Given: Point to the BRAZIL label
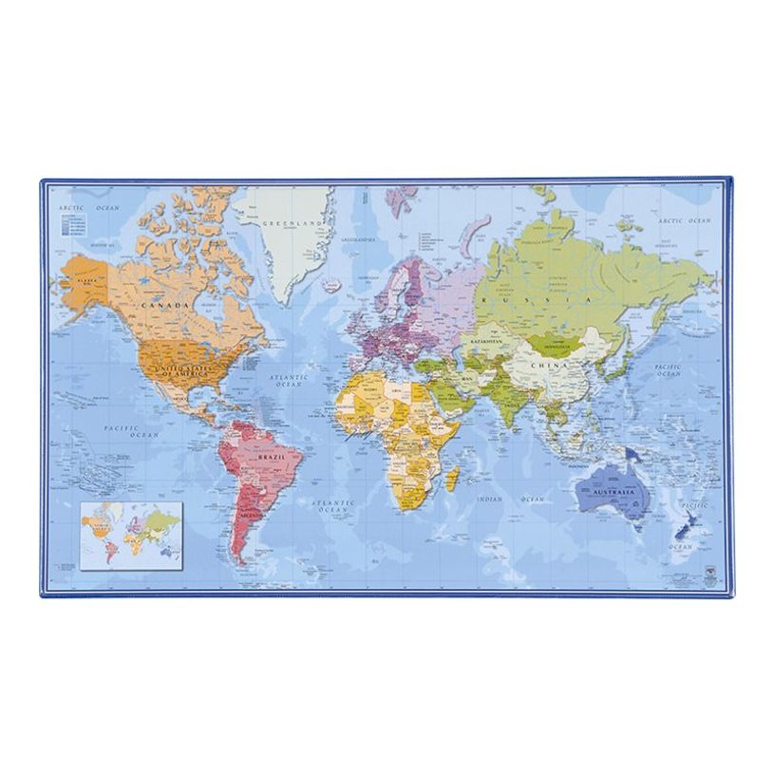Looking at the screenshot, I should coord(269,457).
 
